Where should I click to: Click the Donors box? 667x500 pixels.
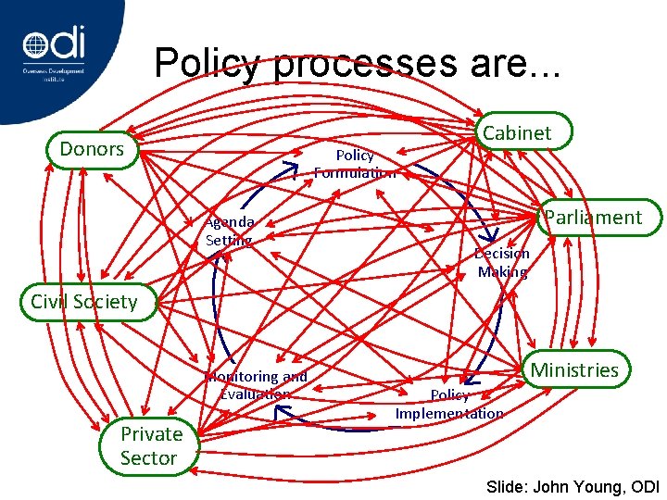click(x=92, y=149)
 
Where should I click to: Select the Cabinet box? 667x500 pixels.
click(x=517, y=133)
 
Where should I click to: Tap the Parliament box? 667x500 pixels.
click(x=593, y=218)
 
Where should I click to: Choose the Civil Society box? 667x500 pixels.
click(x=83, y=301)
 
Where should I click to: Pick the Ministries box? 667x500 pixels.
click(x=573, y=370)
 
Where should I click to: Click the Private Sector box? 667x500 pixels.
click(x=150, y=445)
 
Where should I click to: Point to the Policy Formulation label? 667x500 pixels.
click(x=355, y=164)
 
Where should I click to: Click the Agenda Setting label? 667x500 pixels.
click(x=230, y=231)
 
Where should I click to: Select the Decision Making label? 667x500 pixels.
click(x=502, y=263)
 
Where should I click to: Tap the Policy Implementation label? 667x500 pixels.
click(x=449, y=405)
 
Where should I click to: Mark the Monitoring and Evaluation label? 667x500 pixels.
click(x=257, y=385)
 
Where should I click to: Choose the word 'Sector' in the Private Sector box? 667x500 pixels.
click(x=148, y=458)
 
